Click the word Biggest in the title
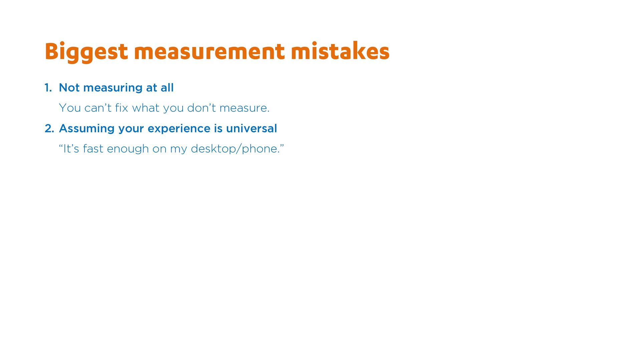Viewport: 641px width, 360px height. (86, 52)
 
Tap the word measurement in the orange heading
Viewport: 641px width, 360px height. (209, 52)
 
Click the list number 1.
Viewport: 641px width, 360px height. (48, 88)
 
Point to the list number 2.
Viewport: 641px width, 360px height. (49, 128)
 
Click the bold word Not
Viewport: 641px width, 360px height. (69, 88)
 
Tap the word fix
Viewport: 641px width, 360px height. (122, 108)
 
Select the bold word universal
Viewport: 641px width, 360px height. (251, 128)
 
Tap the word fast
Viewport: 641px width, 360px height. (93, 148)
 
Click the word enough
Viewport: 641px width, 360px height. (128, 149)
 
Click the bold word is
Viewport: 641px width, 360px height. (218, 128)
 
